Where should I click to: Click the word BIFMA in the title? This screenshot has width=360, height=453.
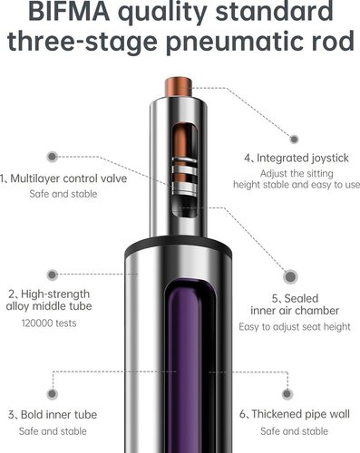[69, 11]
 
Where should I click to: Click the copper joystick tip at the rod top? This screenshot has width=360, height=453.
[179, 87]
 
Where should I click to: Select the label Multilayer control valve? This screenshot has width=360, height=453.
[68, 178]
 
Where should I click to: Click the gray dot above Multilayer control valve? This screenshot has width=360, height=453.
[53, 157]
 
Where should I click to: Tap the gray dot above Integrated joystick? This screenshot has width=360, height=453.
[294, 140]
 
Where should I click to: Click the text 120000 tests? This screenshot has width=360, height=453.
[49, 323]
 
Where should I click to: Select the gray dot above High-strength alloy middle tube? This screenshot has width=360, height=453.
[53, 275]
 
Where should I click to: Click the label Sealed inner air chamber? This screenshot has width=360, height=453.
[295, 304]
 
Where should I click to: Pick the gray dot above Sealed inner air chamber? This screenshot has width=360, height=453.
[290, 276]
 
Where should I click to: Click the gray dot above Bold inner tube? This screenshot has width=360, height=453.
[53, 394]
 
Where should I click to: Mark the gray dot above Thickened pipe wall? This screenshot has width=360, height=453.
[287, 394]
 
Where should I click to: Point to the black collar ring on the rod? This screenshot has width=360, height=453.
[179, 246]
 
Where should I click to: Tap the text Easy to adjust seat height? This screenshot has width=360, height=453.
[295, 327]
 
